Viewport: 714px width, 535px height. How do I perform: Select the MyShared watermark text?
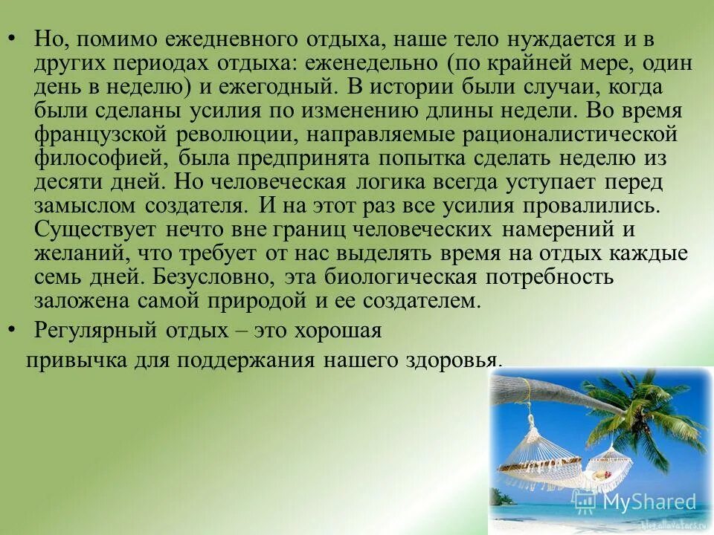click(x=649, y=502)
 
